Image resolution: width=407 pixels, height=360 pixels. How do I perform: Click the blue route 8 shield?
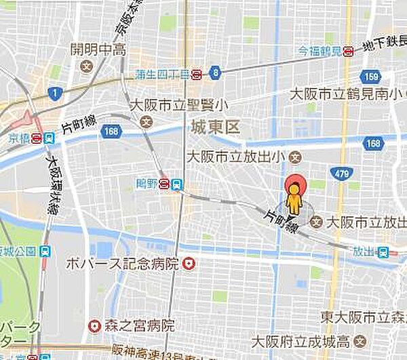tap(215, 72)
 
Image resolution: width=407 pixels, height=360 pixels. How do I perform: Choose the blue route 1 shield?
tap(54, 92)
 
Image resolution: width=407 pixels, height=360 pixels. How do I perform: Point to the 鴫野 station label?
tap(147, 183)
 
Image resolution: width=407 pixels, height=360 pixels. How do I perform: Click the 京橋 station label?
tap(20, 137)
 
